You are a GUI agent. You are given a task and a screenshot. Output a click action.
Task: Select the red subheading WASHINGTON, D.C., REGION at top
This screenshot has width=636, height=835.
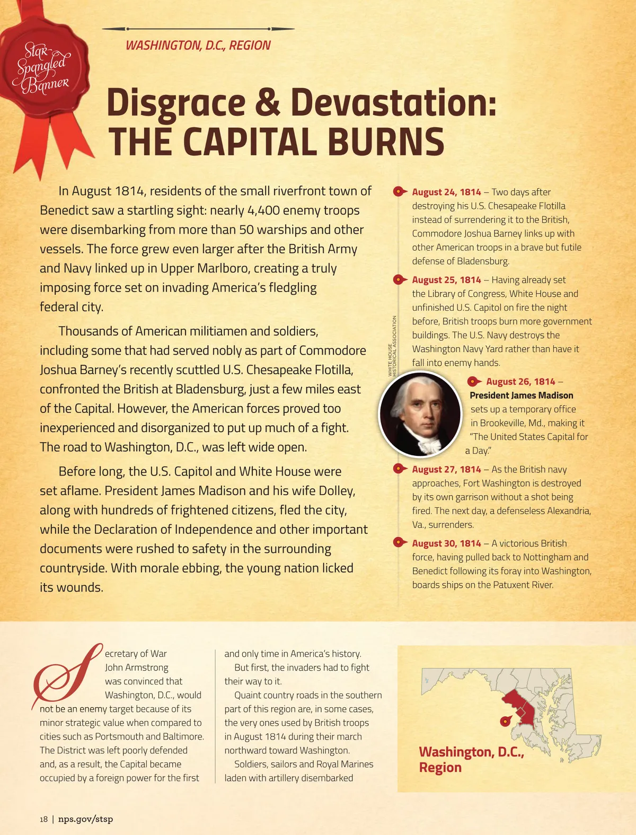tap(198, 46)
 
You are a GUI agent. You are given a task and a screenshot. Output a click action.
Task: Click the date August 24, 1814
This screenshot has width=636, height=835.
tap(446, 192)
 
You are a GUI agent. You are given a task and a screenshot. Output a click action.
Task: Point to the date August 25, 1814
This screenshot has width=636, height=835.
tap(446, 280)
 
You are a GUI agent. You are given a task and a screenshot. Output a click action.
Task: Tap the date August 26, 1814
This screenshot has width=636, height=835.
tap(520, 382)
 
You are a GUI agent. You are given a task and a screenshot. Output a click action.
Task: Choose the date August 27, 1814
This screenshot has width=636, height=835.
tap(446, 470)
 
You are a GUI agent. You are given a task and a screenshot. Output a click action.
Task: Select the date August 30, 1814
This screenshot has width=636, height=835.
tap(446, 543)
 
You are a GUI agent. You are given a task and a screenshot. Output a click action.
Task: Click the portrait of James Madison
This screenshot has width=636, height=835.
tap(420, 414)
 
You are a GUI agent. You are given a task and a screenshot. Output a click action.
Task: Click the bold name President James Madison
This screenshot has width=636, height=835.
tap(522, 395)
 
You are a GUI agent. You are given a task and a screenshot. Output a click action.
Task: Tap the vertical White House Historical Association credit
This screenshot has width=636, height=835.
tap(392, 346)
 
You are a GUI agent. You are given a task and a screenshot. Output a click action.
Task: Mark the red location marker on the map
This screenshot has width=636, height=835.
tap(506, 720)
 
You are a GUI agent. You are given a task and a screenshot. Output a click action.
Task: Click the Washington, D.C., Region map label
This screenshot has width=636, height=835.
tap(471, 760)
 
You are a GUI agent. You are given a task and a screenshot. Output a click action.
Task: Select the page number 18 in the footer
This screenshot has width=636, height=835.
tap(43, 819)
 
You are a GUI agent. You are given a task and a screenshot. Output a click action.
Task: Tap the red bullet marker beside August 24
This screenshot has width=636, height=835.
tap(399, 192)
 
